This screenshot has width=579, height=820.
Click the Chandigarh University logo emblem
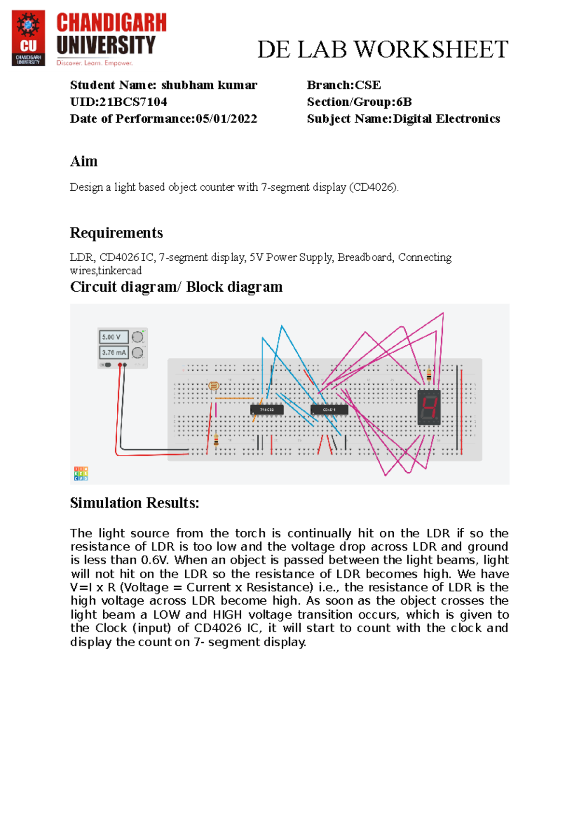tap(28, 38)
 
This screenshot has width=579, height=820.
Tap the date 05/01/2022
tap(226, 119)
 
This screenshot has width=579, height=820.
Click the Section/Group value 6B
tap(404, 102)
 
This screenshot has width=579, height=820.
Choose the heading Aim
tap(84, 161)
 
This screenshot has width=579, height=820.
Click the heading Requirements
tap(116, 233)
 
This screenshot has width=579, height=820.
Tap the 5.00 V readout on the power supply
tap(113, 337)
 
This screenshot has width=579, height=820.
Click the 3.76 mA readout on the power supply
tap(113, 353)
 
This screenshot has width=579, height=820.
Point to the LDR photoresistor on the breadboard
tap(213, 386)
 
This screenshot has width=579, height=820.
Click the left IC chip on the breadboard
tap(267, 410)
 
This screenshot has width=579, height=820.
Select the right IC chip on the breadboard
tap(329, 410)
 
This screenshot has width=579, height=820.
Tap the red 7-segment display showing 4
tap(429, 408)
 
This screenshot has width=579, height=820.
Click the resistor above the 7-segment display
tap(429, 374)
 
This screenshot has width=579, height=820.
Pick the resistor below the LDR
tap(216, 440)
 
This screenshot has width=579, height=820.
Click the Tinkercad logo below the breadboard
tap(81, 473)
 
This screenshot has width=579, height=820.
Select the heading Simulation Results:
tap(135, 503)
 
